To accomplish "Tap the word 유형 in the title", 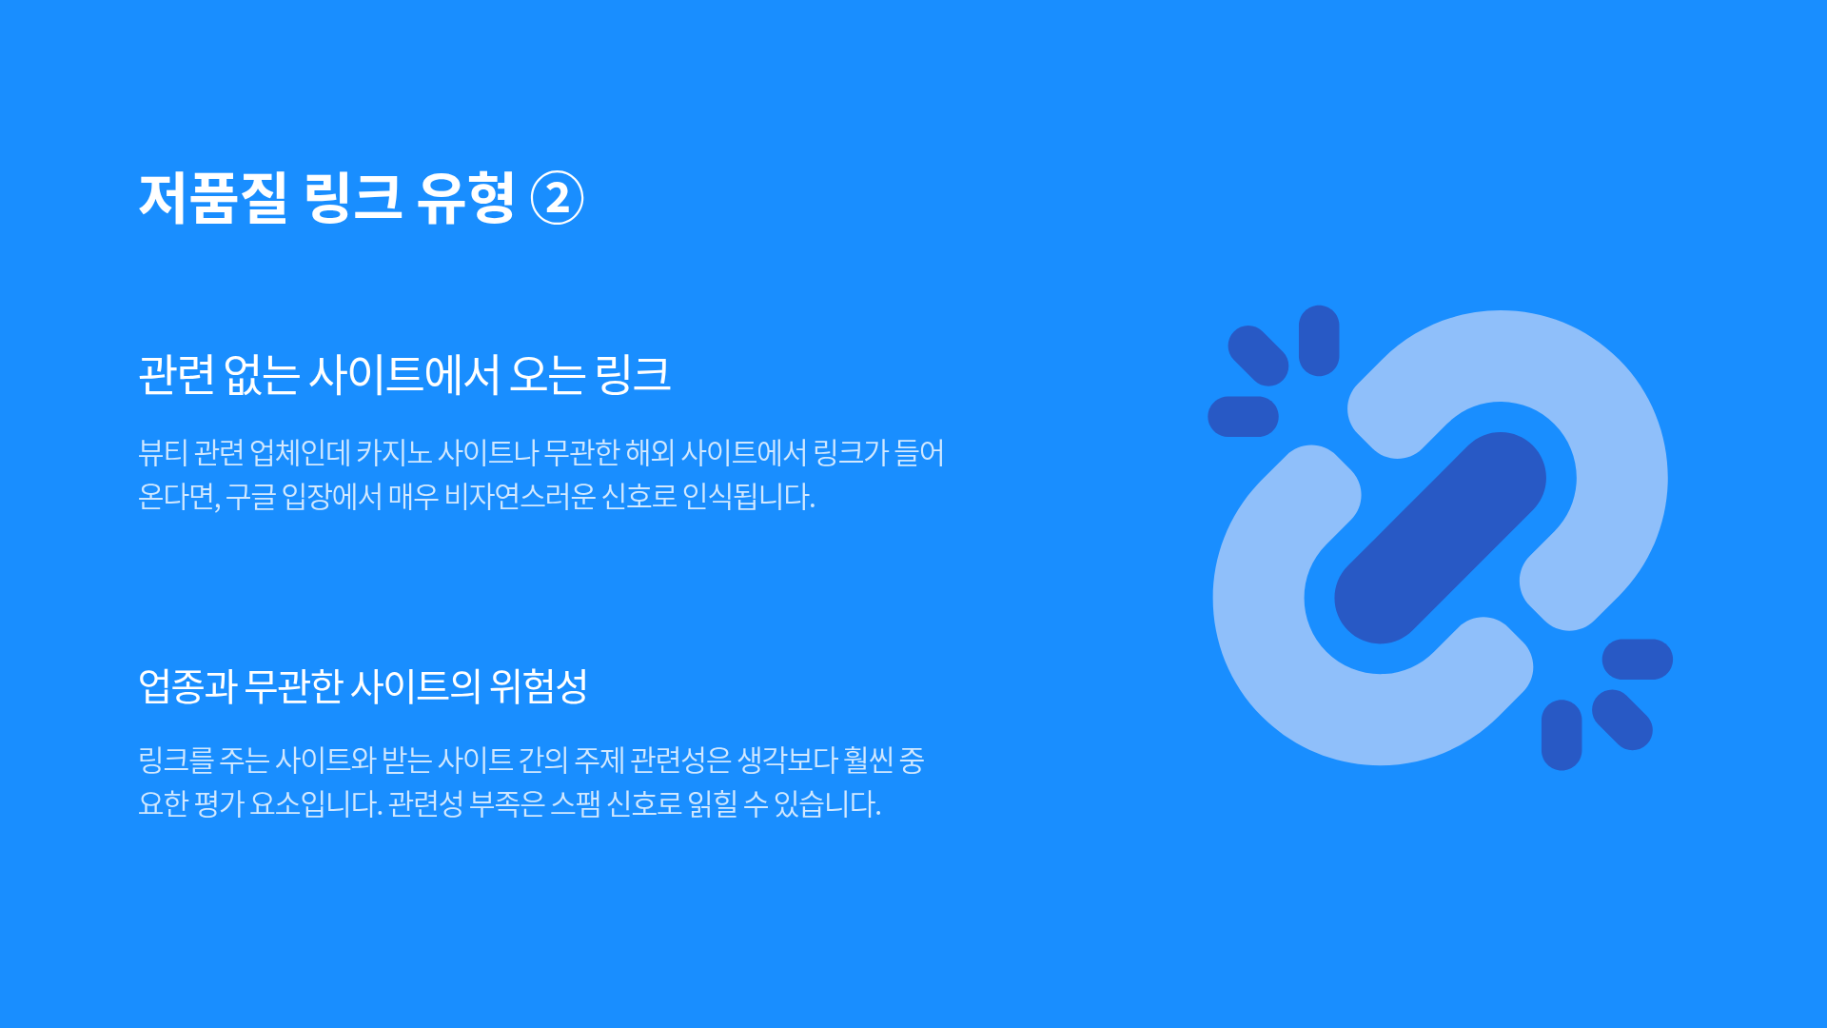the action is [x=465, y=198].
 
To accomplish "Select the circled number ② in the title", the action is [x=557, y=198].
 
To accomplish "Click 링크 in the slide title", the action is [x=353, y=198].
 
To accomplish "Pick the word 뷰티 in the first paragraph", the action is [x=163, y=452].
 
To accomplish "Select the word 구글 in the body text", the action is [x=250, y=496].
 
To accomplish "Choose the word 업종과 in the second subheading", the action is [x=187, y=685].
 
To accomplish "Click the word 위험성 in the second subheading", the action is [x=539, y=685].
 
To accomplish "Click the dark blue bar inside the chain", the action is [x=1440, y=538].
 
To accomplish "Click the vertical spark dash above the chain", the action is [x=1319, y=341].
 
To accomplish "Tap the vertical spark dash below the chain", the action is [x=1562, y=735].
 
